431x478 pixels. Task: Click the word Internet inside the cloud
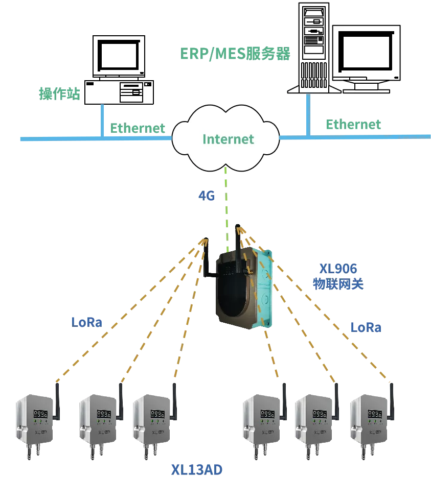228,139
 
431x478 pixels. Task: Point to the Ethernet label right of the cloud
353,124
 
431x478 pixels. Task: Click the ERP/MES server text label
235,53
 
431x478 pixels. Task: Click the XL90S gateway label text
338,276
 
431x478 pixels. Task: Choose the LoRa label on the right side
366,327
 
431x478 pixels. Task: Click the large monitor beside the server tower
366,55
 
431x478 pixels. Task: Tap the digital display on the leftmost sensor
41,414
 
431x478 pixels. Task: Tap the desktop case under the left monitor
119,92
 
